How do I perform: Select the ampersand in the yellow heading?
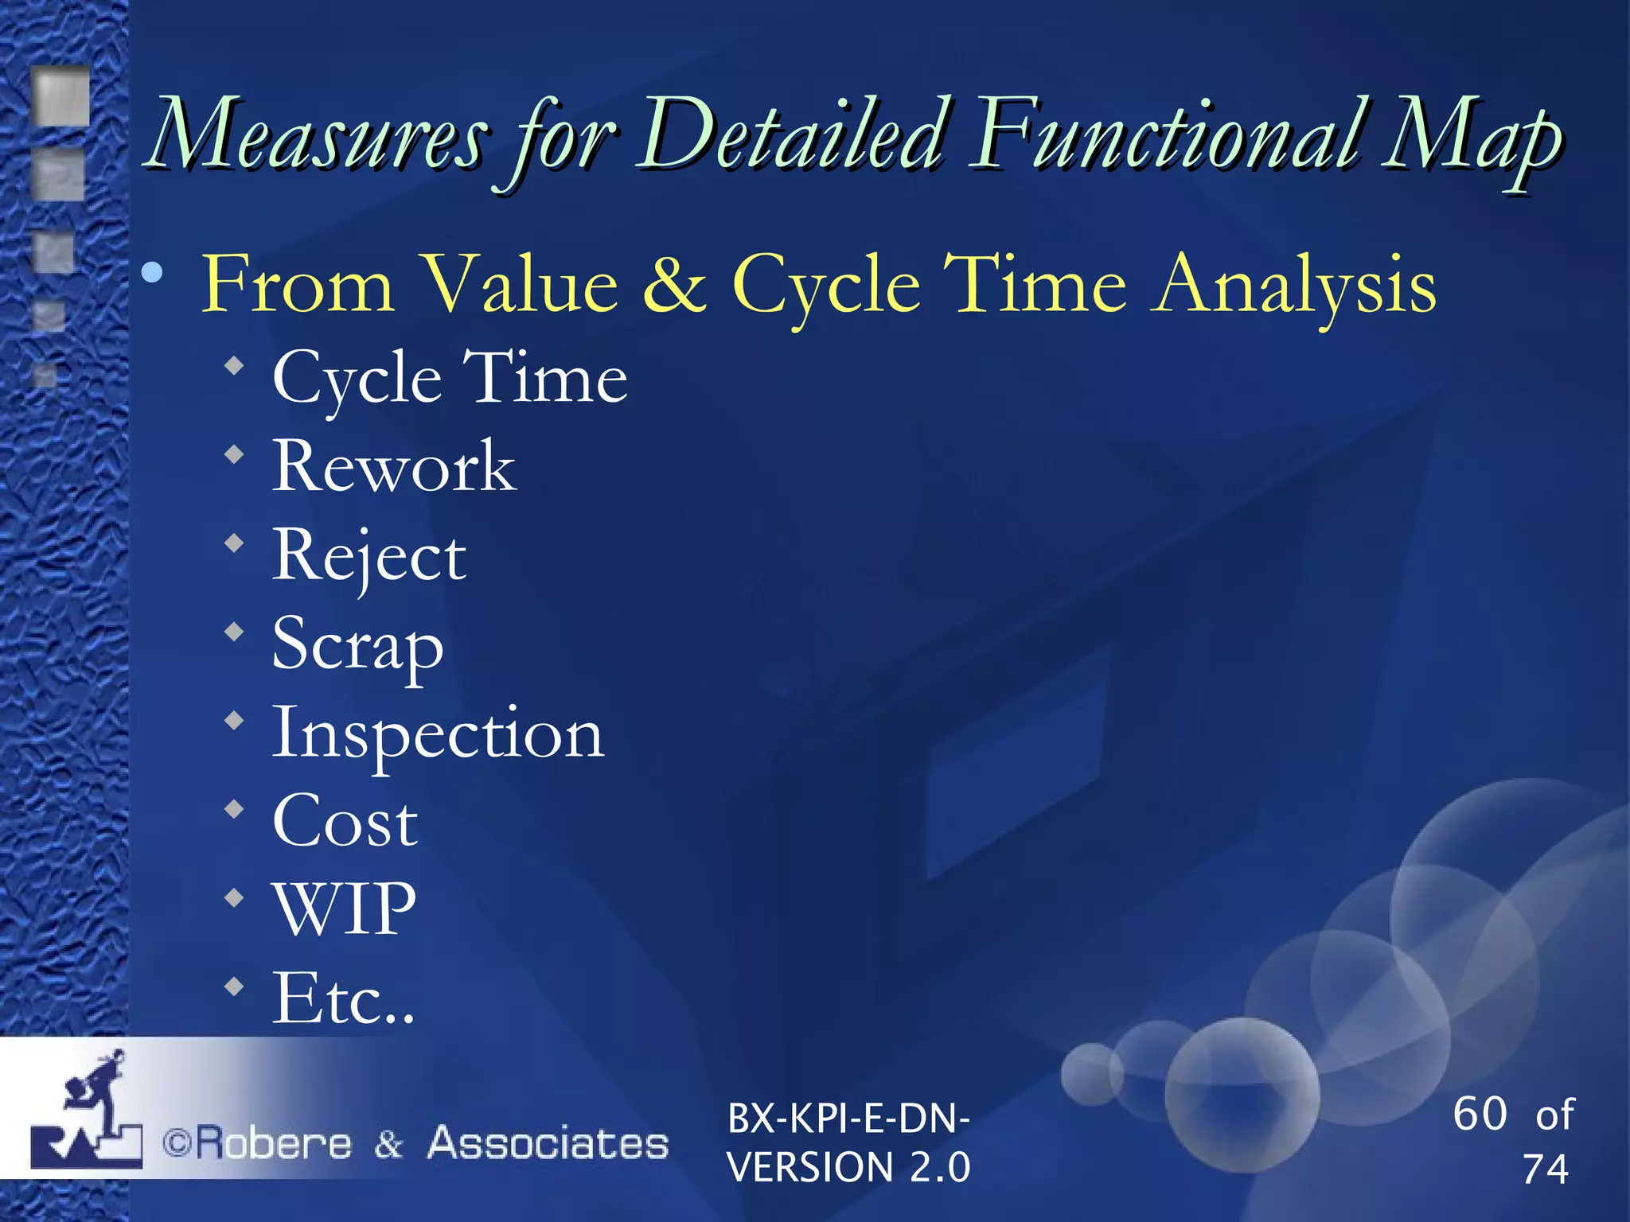coord(674,285)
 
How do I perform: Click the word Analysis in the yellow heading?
coord(1296,285)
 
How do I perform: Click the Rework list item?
coord(394,468)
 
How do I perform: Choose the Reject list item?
coord(369,557)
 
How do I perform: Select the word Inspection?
coord(438,734)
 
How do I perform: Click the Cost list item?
coord(345,822)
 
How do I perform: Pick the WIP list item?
coord(344,909)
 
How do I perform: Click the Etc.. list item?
coord(343,999)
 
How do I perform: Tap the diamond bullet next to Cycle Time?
coord(234,367)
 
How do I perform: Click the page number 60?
coord(1480,1113)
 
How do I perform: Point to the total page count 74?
coord(1545,1169)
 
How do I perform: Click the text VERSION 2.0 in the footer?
coord(848,1168)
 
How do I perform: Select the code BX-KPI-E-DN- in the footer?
coord(848,1119)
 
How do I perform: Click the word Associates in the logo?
coord(548,1143)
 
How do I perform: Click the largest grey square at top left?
coord(61,95)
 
